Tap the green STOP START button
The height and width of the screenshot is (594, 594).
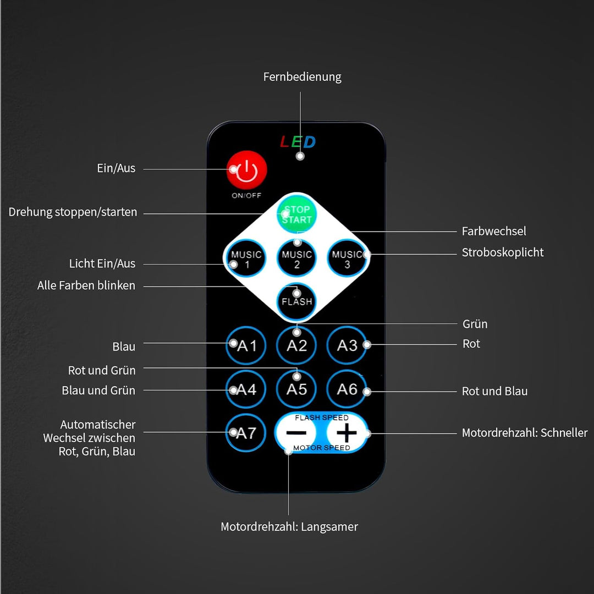(296, 214)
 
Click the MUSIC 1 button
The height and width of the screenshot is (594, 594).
(246, 258)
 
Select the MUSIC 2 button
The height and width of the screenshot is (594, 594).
(296, 258)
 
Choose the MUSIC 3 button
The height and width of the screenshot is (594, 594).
(347, 258)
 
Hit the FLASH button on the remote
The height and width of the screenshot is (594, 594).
(296, 302)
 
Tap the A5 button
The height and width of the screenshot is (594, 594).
(296, 389)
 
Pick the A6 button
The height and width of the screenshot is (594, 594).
(347, 389)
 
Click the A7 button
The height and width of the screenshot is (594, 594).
(246, 433)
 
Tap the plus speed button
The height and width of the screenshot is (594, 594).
(346, 433)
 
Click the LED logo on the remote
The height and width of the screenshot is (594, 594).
(298, 142)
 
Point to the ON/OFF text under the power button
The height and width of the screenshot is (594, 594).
(246, 195)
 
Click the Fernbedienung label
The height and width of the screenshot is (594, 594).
(302, 77)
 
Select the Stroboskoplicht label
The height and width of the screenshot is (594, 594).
(503, 252)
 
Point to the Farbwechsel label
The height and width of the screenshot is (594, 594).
(494, 231)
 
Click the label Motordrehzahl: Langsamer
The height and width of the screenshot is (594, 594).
(289, 527)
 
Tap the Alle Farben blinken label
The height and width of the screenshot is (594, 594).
(86, 285)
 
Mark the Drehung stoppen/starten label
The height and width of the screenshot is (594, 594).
(73, 212)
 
